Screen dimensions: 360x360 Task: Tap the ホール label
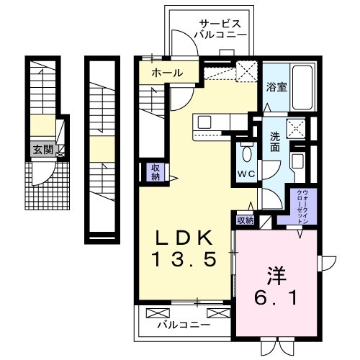(x=166, y=73)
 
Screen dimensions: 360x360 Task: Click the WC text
(x=246, y=174)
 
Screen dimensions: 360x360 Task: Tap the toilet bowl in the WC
(x=247, y=153)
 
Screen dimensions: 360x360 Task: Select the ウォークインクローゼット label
(x=302, y=206)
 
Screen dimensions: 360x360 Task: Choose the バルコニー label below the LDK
(x=184, y=325)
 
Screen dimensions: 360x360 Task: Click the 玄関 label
(x=40, y=150)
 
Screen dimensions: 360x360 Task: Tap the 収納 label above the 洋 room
(x=246, y=220)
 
